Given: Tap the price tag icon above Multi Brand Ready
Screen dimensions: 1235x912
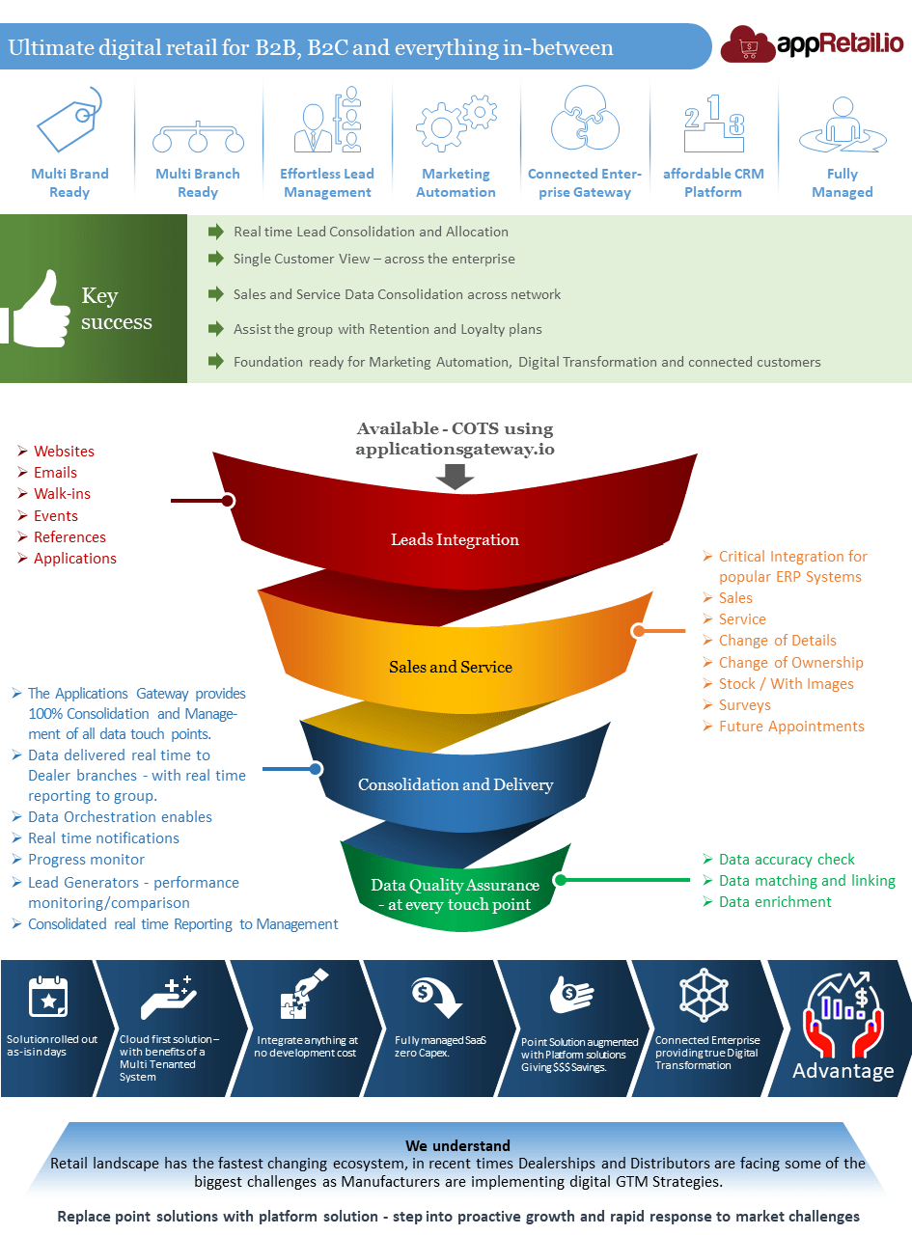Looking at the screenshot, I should pyautogui.click(x=69, y=120).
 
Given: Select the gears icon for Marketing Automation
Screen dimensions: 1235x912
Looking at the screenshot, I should pyautogui.click(x=456, y=122).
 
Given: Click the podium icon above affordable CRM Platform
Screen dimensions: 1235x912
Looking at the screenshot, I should pyautogui.click(x=713, y=123).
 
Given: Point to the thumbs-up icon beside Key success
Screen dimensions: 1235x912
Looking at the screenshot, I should pyautogui.click(x=37, y=306).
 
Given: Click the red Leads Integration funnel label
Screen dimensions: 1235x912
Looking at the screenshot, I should pyautogui.click(x=455, y=539).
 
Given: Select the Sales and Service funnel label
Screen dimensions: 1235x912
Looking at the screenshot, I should pyautogui.click(x=451, y=667).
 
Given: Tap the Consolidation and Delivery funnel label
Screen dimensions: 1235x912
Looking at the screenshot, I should pyautogui.click(x=456, y=784).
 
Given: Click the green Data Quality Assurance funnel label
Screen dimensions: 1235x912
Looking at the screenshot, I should pyautogui.click(x=455, y=894).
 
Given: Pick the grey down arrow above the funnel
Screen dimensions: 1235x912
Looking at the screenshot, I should pyautogui.click(x=456, y=477).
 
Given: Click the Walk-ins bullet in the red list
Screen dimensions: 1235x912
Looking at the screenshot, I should pyautogui.click(x=62, y=494).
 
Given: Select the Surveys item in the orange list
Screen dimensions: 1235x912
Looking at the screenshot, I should pyautogui.click(x=744, y=705).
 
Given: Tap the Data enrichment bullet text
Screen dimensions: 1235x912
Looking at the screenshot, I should pyautogui.click(x=775, y=902).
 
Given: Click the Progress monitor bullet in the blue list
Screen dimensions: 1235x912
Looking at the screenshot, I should pyautogui.click(x=86, y=860).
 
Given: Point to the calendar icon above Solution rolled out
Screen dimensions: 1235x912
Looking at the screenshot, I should pyautogui.click(x=48, y=996).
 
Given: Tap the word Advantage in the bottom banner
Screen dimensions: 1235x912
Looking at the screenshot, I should pyautogui.click(x=843, y=1071).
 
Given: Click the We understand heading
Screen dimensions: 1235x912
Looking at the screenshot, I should pyautogui.click(x=457, y=1146).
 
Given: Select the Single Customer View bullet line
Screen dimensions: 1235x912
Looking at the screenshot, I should pyautogui.click(x=373, y=259).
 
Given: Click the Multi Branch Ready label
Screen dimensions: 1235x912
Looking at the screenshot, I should pyautogui.click(x=198, y=182).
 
